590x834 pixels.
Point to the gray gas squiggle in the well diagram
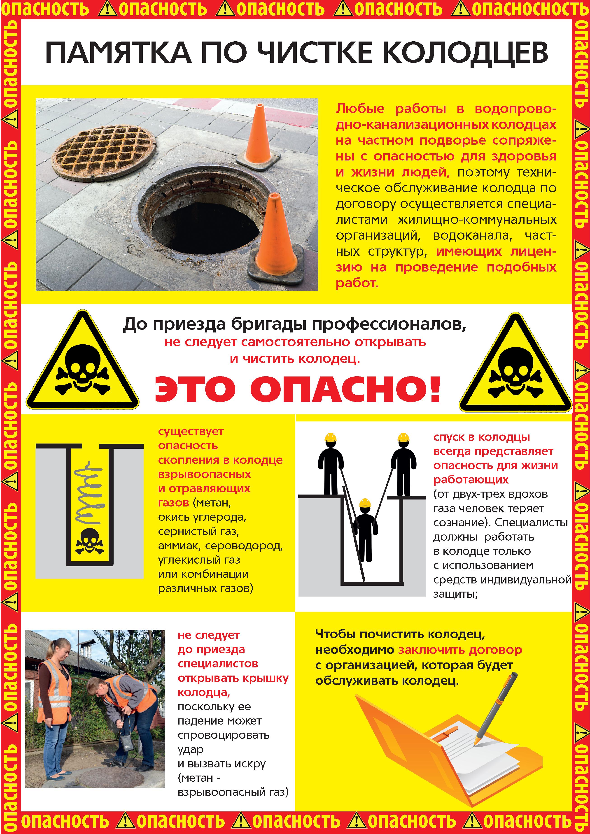pos(89,492)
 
